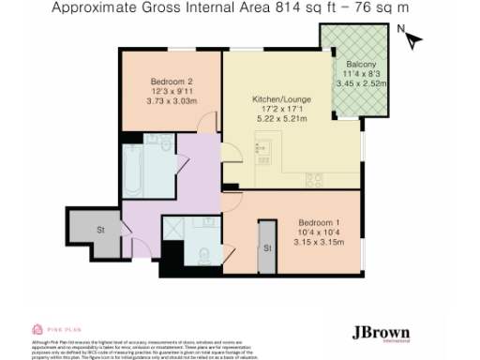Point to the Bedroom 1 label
pos(314,220)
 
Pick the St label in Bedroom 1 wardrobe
pos(266,247)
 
